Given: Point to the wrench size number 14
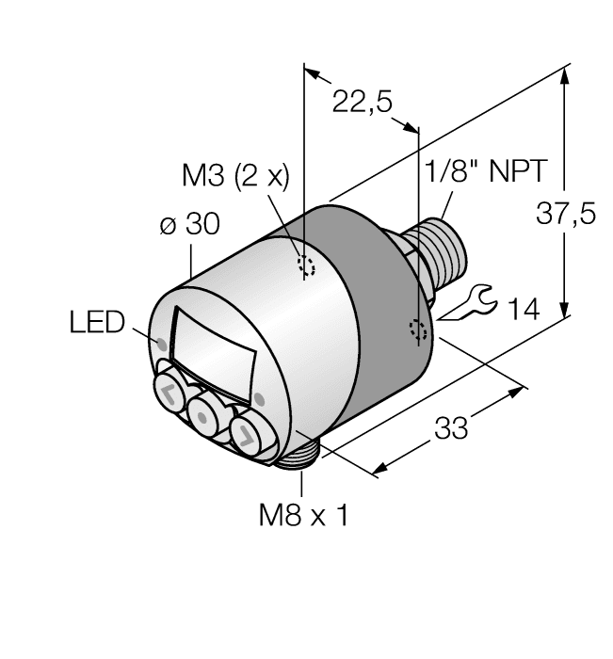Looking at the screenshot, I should [522, 308].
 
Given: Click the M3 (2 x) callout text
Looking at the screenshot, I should [234, 176].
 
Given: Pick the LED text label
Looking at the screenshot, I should [97, 323].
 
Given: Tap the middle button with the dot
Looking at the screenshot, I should [202, 412].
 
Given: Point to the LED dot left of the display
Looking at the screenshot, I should [163, 341].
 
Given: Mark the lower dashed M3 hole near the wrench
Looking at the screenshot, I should [418, 330].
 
